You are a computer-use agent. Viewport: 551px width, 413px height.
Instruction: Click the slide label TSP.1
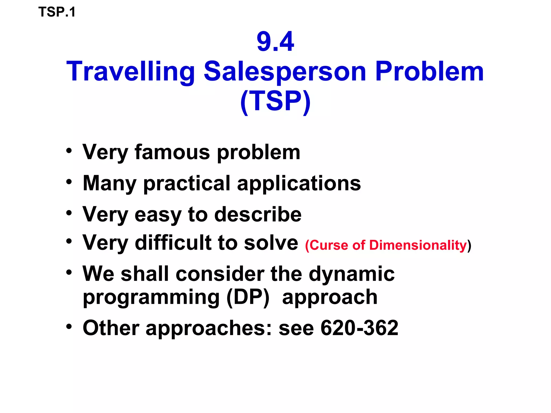57,12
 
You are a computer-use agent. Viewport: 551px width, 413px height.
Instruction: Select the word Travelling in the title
130,72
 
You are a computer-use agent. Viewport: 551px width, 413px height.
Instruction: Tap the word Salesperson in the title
285,72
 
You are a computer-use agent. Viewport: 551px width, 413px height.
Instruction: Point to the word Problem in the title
429,72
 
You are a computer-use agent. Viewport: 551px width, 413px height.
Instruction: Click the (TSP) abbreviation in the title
275,101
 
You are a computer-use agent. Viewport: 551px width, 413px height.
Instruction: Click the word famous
172,152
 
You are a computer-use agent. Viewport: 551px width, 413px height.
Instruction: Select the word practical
187,184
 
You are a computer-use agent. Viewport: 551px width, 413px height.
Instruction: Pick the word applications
299,184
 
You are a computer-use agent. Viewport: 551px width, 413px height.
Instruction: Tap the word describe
258,215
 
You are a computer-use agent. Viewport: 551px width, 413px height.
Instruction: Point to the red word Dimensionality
418,245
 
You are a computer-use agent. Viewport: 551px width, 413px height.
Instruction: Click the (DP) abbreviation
248,297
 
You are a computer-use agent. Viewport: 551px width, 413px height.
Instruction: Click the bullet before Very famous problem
69,150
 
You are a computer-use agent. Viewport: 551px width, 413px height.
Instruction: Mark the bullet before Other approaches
69,326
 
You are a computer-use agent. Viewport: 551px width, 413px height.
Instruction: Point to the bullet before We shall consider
69,272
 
